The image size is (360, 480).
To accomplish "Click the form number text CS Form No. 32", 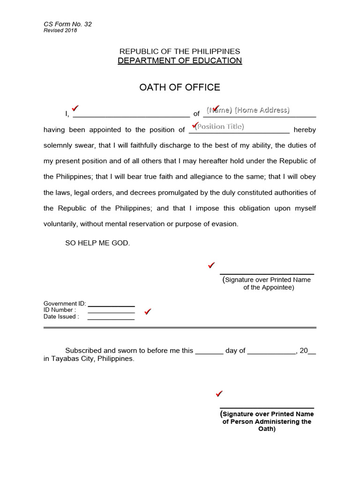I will click(67, 24).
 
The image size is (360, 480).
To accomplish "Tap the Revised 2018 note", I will click(60, 31).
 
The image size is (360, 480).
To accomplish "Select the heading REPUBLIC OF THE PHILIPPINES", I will click(180, 51).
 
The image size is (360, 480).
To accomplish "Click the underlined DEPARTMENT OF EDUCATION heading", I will click(180, 61).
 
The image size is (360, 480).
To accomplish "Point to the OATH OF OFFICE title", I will click(180, 88).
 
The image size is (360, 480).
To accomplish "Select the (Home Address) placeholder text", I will click(262, 110).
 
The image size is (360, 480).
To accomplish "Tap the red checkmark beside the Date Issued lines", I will click(148, 312).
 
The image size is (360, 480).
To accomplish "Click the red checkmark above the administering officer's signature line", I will click(219, 394).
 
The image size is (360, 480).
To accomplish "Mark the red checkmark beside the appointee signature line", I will click(211, 265).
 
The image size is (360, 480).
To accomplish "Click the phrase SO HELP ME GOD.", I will click(97, 243).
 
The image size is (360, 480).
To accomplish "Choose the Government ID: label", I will click(65, 304).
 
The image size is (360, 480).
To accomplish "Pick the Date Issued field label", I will click(61, 317).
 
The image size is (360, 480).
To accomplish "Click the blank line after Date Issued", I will click(111, 319).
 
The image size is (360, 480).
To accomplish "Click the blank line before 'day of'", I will click(209, 352).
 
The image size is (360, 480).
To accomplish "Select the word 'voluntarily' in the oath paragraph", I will click(60, 224).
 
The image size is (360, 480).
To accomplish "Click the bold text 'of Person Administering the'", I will click(267, 421).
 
